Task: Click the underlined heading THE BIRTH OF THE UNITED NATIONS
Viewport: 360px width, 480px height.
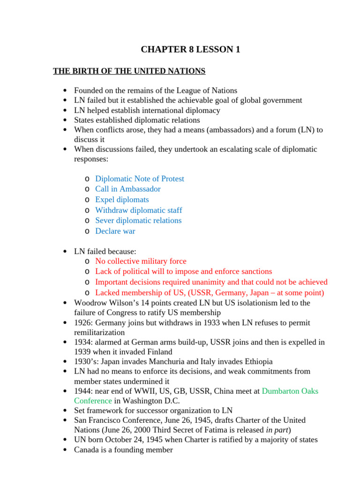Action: point(129,71)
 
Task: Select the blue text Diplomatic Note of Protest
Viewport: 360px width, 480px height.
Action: point(139,179)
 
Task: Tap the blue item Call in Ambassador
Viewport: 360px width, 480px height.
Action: point(127,189)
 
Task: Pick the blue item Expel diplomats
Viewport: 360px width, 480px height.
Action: point(122,200)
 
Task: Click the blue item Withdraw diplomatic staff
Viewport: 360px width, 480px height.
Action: point(138,210)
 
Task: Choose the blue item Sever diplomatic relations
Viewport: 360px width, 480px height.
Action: point(138,220)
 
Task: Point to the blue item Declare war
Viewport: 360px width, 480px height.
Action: point(115,231)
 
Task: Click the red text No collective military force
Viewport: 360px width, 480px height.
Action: point(141,261)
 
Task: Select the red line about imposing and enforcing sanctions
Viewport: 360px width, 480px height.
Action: point(183,271)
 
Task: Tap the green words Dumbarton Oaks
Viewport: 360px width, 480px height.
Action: point(290,390)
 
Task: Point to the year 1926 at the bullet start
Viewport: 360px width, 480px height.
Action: point(83,323)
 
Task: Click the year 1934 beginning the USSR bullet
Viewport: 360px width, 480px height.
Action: point(83,342)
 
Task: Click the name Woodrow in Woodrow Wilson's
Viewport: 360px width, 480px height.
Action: point(89,303)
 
